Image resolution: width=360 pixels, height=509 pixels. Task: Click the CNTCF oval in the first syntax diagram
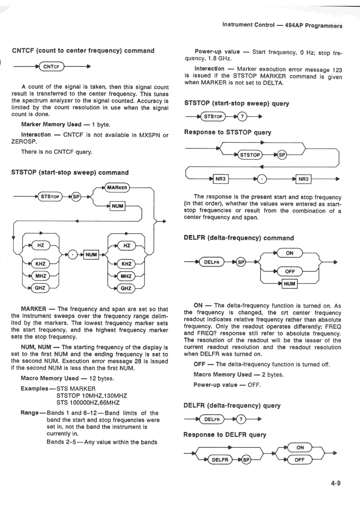coord(51,67)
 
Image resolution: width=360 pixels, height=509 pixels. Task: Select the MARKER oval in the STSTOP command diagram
coord(117,188)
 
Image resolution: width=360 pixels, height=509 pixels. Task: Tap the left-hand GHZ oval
coord(40,288)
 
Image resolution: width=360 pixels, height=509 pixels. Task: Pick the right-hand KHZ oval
coord(126,264)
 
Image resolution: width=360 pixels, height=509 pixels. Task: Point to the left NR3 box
coord(221,179)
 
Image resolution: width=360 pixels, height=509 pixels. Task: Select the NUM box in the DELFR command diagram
coord(289,284)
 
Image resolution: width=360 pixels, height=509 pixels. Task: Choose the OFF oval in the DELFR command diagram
coord(290,271)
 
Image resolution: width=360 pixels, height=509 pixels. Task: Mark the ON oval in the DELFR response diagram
coord(300,447)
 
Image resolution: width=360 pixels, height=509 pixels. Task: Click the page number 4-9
coord(335,483)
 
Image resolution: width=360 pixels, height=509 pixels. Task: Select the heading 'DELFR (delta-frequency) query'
coord(232,405)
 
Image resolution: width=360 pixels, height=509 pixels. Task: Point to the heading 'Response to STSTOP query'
coord(228,132)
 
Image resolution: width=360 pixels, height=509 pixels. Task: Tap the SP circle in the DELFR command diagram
coord(241,262)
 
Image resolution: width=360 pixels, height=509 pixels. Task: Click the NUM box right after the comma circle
coord(91,255)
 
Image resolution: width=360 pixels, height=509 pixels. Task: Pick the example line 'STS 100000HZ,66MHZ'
coord(88,402)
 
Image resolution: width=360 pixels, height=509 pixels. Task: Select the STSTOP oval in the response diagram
coord(250,155)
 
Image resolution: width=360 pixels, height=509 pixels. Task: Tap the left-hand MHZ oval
coord(41,276)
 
